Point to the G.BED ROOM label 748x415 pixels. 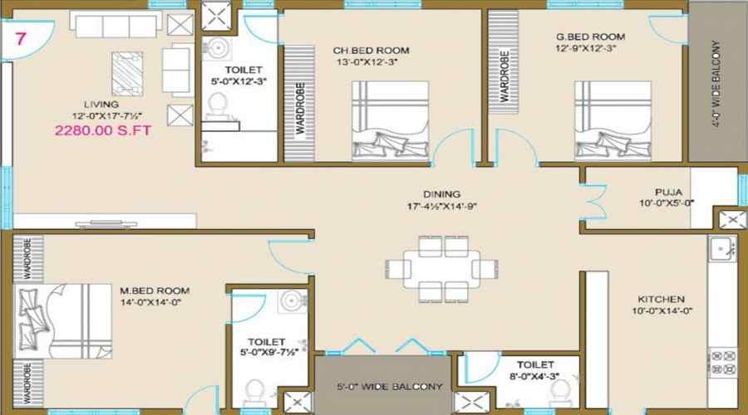pos(591,37)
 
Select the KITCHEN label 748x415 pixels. pos(661,299)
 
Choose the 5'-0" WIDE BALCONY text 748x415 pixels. pos(384,386)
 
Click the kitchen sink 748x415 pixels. pos(719,247)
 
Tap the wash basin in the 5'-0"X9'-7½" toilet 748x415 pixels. pos(290,300)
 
